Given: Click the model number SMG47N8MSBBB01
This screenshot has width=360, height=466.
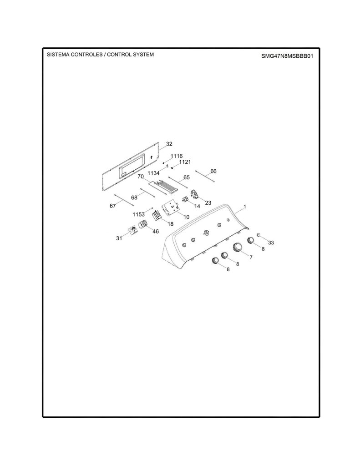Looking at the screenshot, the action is (287, 56).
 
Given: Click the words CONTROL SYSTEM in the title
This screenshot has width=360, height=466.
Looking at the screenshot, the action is (130, 55).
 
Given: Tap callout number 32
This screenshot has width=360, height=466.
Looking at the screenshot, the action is (169, 144).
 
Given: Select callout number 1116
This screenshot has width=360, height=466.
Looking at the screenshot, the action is (176, 156).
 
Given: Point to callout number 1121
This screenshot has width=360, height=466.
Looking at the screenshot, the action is (185, 162).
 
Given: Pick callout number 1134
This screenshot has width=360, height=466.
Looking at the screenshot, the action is (153, 173).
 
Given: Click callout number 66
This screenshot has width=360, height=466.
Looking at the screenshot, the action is (213, 171).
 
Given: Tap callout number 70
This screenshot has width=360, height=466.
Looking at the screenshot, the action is (141, 177).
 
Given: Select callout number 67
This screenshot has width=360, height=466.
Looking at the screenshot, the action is (113, 206).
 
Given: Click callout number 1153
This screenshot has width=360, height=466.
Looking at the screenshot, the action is (138, 214).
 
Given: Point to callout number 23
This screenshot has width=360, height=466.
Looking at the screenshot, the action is (208, 203).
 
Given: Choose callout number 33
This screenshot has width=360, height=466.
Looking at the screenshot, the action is (271, 243).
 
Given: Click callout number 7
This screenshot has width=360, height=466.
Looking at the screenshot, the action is (251, 257).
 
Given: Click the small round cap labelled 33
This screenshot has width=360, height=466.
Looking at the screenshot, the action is (259, 235).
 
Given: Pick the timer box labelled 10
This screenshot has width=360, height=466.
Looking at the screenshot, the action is (170, 208).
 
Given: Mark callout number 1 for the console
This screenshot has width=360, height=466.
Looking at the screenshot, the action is (245, 206).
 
